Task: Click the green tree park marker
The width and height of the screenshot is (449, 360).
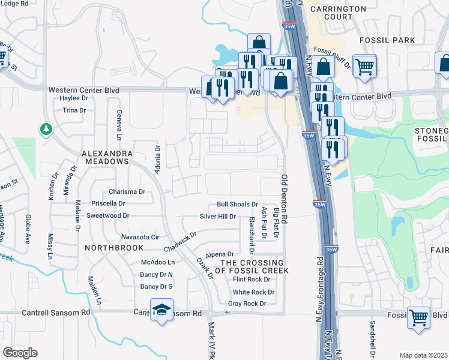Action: point(46,129)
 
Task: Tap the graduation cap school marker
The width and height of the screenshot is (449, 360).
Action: point(161,310)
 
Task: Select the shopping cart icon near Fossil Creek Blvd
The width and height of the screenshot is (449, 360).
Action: point(418,317)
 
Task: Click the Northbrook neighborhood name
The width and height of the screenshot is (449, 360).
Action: point(114,247)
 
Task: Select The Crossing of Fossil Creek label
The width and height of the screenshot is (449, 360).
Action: point(252,266)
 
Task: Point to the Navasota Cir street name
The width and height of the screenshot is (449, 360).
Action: point(140,237)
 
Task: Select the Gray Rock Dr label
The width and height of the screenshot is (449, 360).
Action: point(247,304)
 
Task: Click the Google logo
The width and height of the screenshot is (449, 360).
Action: point(20,352)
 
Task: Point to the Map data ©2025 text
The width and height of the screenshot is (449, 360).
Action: point(423,355)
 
